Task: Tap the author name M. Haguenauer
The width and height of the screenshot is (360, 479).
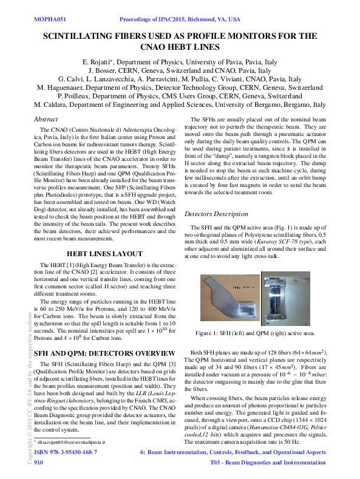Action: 63,87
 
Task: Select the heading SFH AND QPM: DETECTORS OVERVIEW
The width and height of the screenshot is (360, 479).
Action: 97,353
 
